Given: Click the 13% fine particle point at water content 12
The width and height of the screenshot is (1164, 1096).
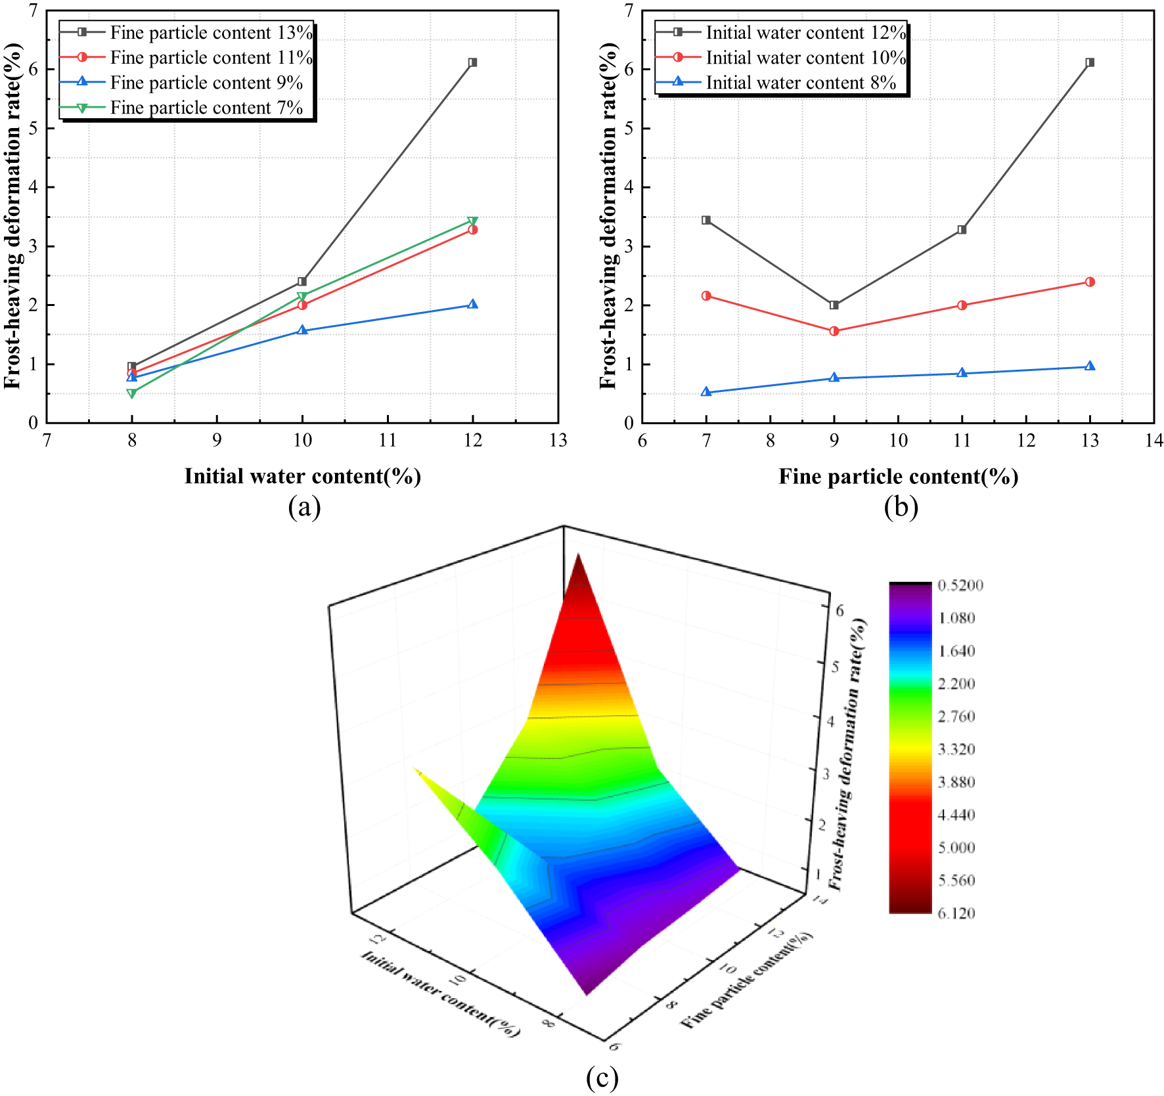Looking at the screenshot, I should [472, 62].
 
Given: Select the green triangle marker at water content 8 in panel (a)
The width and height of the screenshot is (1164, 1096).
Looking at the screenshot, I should [132, 393].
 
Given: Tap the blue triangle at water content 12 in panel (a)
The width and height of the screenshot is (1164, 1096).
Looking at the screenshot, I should [472, 305].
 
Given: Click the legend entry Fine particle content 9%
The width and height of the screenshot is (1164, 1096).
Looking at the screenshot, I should [206, 83].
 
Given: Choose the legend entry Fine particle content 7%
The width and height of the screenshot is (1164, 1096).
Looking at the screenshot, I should [206, 108].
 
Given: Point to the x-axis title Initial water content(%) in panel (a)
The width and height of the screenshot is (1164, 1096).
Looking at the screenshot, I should [302, 476].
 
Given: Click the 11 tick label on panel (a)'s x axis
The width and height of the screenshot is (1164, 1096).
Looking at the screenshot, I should [388, 441].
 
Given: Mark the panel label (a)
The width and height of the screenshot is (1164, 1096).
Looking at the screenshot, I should [304, 508].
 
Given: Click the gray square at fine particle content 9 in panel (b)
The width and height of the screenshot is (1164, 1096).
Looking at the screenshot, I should [834, 305].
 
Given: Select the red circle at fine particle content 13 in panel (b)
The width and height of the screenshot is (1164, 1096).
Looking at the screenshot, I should [1090, 282].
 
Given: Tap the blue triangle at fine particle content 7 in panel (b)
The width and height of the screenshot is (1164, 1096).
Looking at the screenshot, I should [706, 392].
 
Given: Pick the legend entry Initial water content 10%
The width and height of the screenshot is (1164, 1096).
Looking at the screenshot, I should [805, 58].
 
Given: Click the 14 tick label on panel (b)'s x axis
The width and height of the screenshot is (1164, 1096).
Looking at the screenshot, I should [1153, 441].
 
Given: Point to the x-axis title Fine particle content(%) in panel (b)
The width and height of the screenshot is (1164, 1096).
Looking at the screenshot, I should [898, 476].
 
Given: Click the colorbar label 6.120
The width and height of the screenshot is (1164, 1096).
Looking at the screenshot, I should [956, 913].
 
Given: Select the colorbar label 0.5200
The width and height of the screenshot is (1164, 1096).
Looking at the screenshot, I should [960, 585].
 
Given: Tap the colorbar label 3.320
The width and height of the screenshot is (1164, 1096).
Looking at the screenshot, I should [956, 749].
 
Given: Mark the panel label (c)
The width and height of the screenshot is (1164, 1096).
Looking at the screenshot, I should [602, 1078].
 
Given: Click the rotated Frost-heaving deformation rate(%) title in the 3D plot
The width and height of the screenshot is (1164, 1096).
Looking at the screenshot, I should [847, 755].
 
